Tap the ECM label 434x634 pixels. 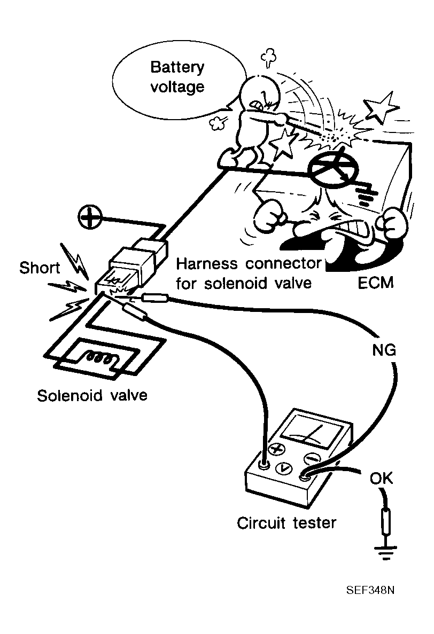(x=375, y=282)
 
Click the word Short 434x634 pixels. (x=40, y=268)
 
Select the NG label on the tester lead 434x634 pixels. (x=383, y=350)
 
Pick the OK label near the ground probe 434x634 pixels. (x=381, y=478)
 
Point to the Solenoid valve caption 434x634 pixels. (x=92, y=396)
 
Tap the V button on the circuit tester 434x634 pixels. (x=284, y=468)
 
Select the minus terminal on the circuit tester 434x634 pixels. (x=311, y=458)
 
